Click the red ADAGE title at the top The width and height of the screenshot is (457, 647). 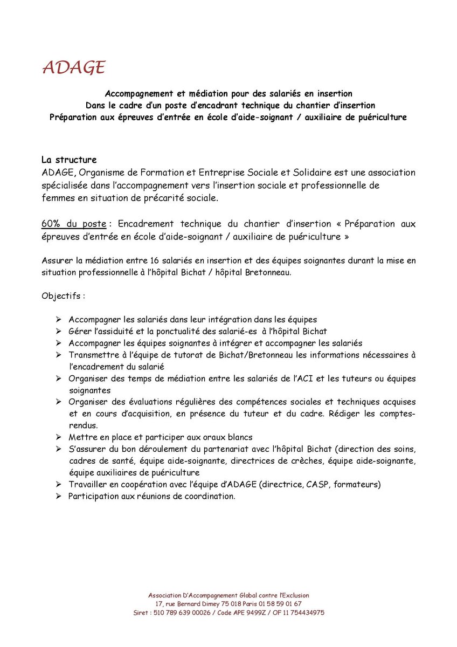(73, 67)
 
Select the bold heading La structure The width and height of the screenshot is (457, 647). (69, 160)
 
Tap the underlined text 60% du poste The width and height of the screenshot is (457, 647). (74, 224)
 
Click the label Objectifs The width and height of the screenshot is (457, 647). (63, 296)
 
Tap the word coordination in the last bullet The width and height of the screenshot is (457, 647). (210, 496)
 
